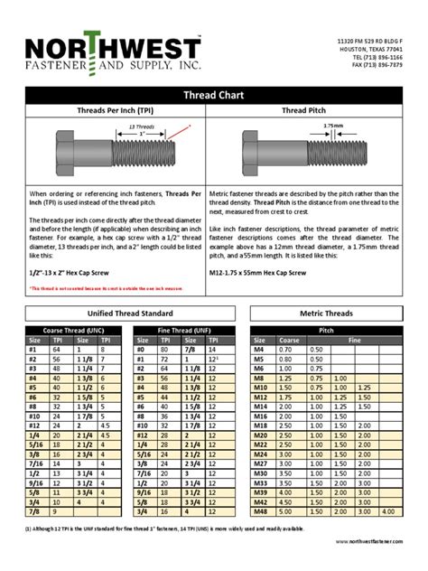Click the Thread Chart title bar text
click(214, 94)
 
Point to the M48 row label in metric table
click(260, 510)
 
